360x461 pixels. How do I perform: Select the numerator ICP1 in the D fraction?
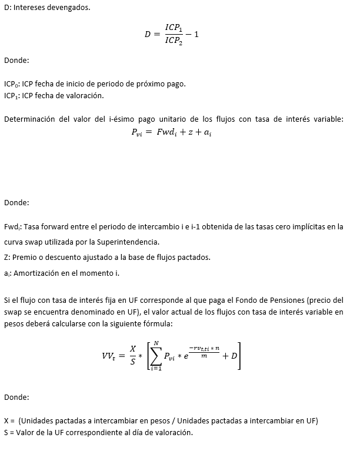(174, 27)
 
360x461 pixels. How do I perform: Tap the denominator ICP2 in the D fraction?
(174, 41)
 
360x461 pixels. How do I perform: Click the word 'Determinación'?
(29, 119)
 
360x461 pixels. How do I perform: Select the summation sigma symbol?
(155, 355)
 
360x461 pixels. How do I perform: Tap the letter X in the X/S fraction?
(133, 349)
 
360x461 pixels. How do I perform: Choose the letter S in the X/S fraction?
(133, 363)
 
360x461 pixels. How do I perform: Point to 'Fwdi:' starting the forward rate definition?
(12, 226)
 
